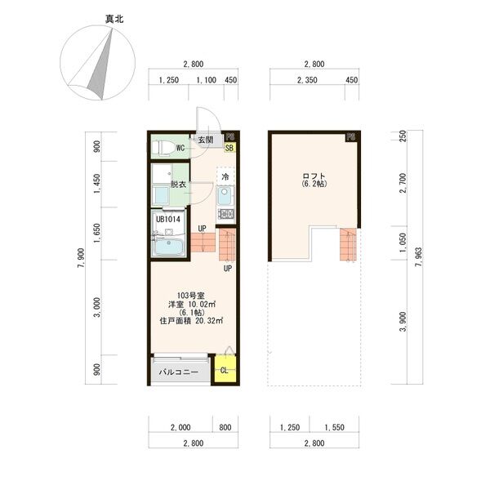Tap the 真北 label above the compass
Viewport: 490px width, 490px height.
104,17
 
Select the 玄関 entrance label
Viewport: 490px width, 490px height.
205,140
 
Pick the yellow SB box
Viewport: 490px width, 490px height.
229,149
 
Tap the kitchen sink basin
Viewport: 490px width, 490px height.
225,197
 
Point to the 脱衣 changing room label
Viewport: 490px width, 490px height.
178,185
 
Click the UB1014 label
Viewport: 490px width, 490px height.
167,219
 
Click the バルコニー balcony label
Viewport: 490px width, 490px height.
179,376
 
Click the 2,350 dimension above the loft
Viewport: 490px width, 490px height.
305,80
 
